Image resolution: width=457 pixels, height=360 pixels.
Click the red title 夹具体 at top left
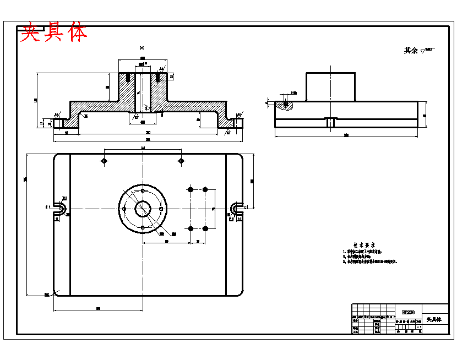pos(53,33)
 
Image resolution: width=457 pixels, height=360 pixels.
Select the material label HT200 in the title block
pos(408,312)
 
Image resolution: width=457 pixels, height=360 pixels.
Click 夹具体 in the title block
pos(435,319)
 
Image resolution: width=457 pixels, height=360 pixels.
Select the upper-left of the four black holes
pos(191,189)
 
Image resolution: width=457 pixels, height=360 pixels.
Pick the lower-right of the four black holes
pos(205,228)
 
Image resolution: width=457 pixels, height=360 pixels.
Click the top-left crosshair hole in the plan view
pos(104,160)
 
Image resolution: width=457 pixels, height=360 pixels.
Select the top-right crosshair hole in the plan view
pos(181,160)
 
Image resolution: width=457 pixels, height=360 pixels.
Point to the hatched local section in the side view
pos(285,104)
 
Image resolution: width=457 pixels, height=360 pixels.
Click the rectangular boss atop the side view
pos(330,86)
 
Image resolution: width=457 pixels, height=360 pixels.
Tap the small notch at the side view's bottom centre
pos(330,122)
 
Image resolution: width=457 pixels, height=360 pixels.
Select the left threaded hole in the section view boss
pos(128,77)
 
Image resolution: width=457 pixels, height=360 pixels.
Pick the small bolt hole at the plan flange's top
pos(143,190)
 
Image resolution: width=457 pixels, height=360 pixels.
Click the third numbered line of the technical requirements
pos(369,261)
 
